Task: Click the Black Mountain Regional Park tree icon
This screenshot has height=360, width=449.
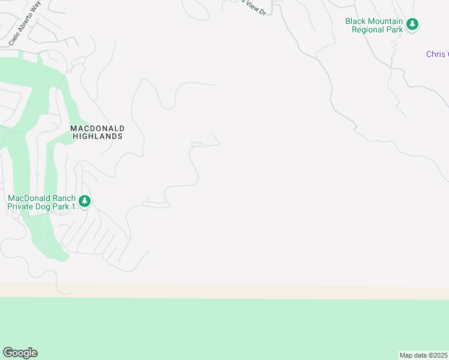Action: pyautogui.click(x=412, y=25)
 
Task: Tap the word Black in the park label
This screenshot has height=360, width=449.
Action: pyautogui.click(x=356, y=21)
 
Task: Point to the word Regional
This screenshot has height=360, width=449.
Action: pyautogui.click(x=367, y=29)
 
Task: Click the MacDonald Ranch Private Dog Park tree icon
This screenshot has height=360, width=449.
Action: pyautogui.click(x=85, y=201)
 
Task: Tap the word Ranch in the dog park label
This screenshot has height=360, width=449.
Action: pyautogui.click(x=63, y=198)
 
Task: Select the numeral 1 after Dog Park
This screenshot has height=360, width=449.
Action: pyautogui.click(x=73, y=206)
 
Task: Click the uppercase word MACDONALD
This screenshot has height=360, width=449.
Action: pyautogui.click(x=97, y=128)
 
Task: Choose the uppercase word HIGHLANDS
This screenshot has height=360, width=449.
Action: pyautogui.click(x=97, y=136)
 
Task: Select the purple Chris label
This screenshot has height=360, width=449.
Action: pyautogui.click(x=436, y=54)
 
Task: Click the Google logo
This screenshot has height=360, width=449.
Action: pyautogui.click(x=20, y=353)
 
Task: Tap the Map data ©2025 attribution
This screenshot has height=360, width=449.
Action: pyautogui.click(x=423, y=355)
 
